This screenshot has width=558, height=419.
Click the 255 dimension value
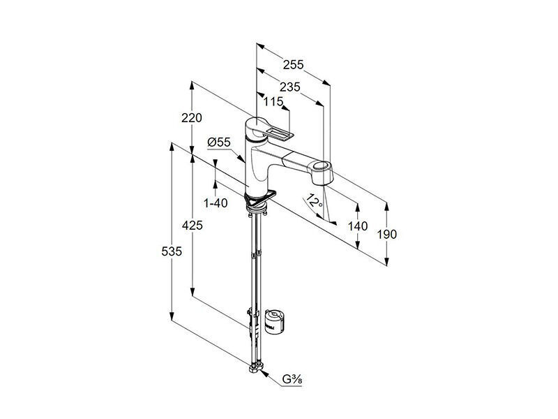(x=293, y=64)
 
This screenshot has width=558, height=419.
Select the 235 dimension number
(x=289, y=87)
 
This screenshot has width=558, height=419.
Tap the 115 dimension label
(x=273, y=102)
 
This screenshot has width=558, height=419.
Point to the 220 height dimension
(x=192, y=117)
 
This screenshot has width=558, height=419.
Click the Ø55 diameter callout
(x=219, y=142)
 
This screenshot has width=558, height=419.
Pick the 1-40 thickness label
(x=216, y=203)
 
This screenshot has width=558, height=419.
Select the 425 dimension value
(x=193, y=225)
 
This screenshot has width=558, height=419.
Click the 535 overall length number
(x=172, y=251)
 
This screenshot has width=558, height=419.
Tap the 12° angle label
(x=314, y=201)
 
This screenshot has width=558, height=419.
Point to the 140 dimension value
(x=358, y=226)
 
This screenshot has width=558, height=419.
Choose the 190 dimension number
(x=387, y=235)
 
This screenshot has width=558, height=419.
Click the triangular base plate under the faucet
(x=260, y=200)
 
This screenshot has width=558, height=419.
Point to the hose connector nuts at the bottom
(x=256, y=367)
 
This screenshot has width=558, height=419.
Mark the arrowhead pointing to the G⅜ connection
(x=263, y=373)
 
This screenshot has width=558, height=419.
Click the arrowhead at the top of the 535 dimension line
(x=172, y=147)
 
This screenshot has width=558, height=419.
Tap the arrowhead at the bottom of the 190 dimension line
(x=387, y=261)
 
